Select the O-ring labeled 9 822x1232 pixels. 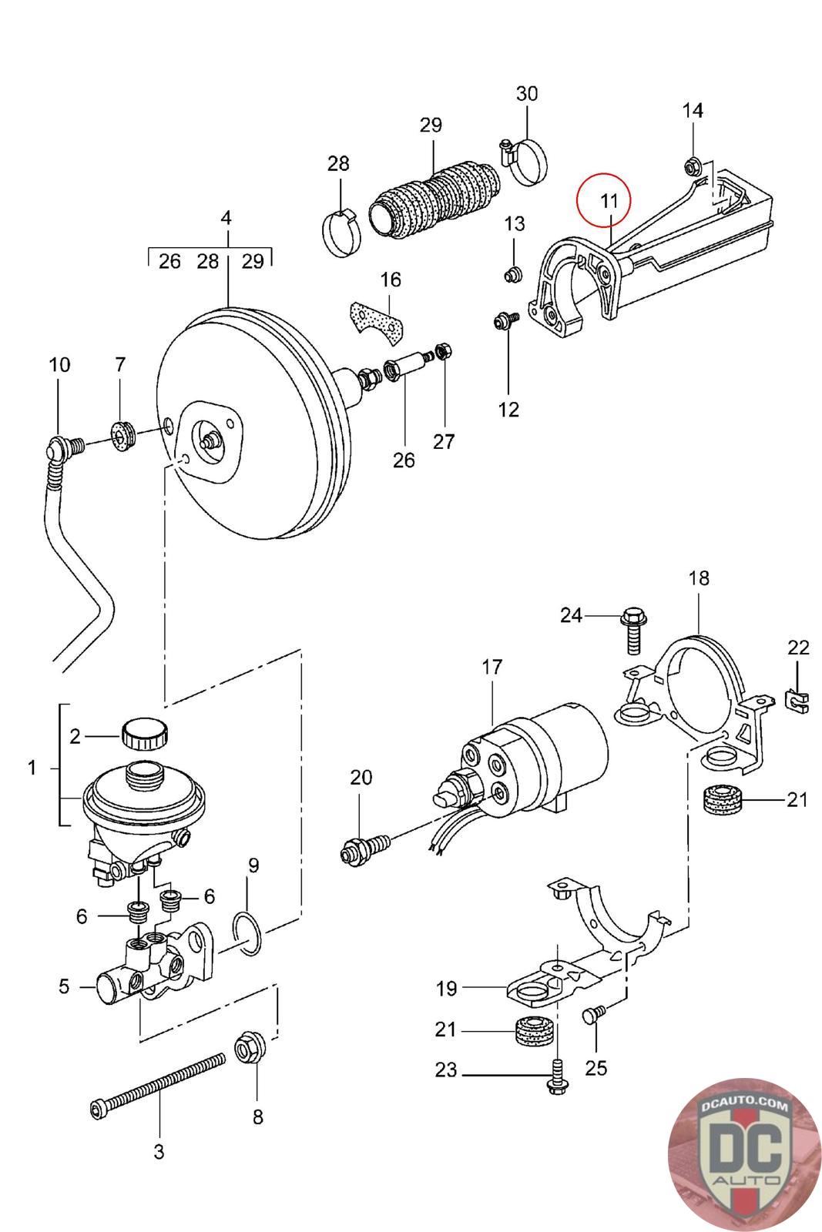pyautogui.click(x=248, y=932)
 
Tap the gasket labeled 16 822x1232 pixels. pyautogui.click(x=377, y=321)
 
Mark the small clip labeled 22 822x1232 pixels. pyautogui.click(x=798, y=699)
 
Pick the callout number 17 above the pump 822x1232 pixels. pyautogui.click(x=492, y=667)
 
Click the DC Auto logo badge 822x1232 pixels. pyautogui.click(x=743, y=1153)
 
